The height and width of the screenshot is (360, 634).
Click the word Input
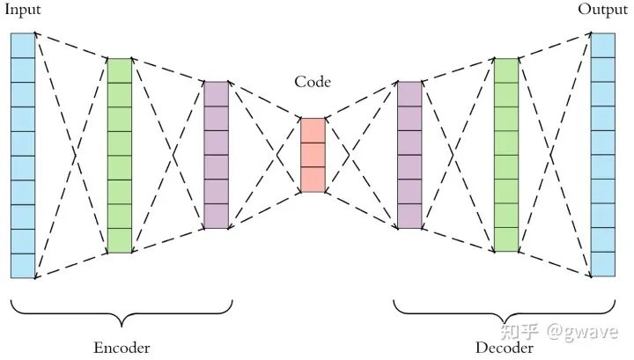(22, 10)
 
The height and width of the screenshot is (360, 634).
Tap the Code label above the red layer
(313, 83)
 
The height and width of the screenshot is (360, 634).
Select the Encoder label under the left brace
(122, 347)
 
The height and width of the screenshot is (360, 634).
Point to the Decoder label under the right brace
(505, 347)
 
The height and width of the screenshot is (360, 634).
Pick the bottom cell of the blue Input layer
(23, 266)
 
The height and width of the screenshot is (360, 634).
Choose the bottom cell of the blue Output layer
(603, 266)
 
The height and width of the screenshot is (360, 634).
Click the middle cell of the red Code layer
(313, 154)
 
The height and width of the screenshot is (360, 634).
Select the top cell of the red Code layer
(313, 129)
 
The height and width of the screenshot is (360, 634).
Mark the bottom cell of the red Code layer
(313, 179)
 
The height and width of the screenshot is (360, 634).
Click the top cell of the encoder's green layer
(119, 70)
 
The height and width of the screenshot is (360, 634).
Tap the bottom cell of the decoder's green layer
(506, 239)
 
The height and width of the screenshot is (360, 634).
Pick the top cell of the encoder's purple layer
(216, 93)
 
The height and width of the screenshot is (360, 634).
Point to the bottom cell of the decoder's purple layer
(409, 216)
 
